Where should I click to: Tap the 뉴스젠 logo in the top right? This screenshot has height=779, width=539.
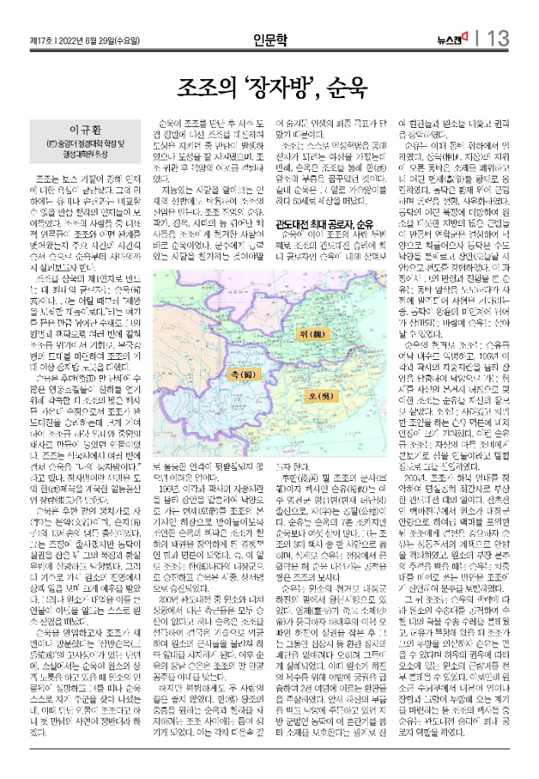452,39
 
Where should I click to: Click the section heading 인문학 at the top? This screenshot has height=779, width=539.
270,39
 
